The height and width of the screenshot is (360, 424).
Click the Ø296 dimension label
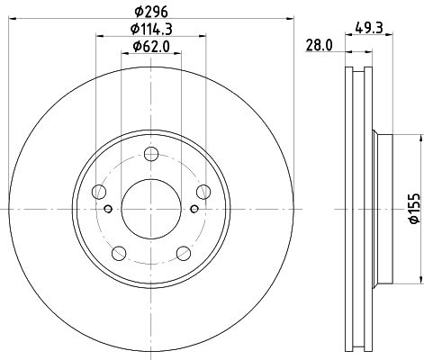[151, 12]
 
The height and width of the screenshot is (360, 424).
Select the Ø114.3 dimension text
[151, 29]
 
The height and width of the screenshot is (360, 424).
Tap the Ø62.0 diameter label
[151, 47]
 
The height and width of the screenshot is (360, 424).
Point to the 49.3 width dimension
[369, 28]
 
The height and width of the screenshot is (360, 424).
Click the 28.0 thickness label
[319, 45]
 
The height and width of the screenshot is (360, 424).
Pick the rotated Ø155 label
[414, 209]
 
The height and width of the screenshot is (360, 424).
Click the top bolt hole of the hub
[151, 154]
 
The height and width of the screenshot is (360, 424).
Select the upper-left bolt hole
[99, 192]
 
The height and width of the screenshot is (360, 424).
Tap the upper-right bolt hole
[203, 192]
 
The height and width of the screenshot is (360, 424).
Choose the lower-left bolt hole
[119, 253]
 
